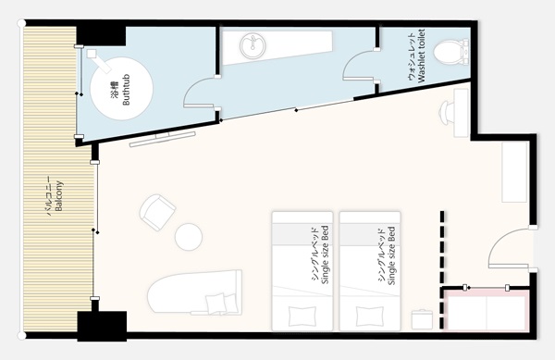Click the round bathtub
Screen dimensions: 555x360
tap(121, 89)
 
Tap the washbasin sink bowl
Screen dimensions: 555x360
tap(253, 46)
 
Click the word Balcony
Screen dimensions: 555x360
tap(59, 196)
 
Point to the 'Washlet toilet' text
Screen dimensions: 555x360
tap(421, 56)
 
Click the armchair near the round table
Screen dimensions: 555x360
tap(157, 212)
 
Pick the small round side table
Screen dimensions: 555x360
tap(189, 237)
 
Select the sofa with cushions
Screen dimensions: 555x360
tap(194, 292)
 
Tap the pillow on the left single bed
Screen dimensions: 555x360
tap(302, 317)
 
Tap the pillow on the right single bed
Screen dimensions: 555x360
tap(369, 317)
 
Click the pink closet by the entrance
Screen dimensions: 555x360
tap(487, 310)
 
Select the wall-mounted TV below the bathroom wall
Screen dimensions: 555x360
tap(163, 139)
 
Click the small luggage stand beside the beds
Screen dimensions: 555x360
tap(422, 319)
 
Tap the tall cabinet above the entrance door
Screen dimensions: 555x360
tap(515, 172)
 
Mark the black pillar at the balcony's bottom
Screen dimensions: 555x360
tap(102, 326)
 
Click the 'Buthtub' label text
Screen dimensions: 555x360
tap(126, 90)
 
